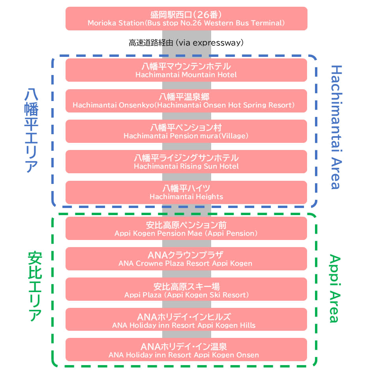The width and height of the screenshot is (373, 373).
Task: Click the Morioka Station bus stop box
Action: (186, 19)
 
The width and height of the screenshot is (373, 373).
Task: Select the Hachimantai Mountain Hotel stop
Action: (186, 70)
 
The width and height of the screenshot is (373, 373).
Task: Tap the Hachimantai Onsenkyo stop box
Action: (186, 101)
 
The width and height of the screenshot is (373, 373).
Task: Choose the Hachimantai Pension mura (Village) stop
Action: (186, 131)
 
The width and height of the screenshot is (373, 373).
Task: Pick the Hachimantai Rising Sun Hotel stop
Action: (186, 161)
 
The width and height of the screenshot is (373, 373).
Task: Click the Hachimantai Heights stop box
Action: (186, 192)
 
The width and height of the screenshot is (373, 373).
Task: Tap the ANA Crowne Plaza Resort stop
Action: (186, 259)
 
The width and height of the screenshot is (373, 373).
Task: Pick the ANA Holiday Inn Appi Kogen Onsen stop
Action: (186, 350)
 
